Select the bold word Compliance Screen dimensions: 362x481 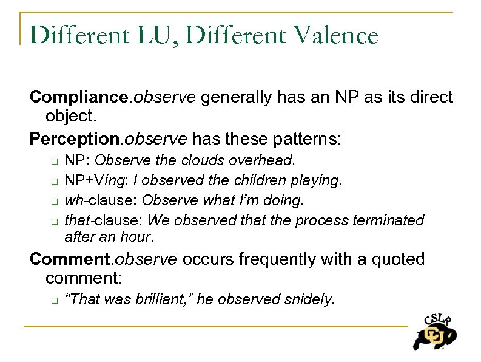[80, 97]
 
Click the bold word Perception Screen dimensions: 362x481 [75, 140]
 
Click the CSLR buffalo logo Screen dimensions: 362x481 [434, 331]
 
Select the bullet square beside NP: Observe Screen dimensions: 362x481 [53, 162]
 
